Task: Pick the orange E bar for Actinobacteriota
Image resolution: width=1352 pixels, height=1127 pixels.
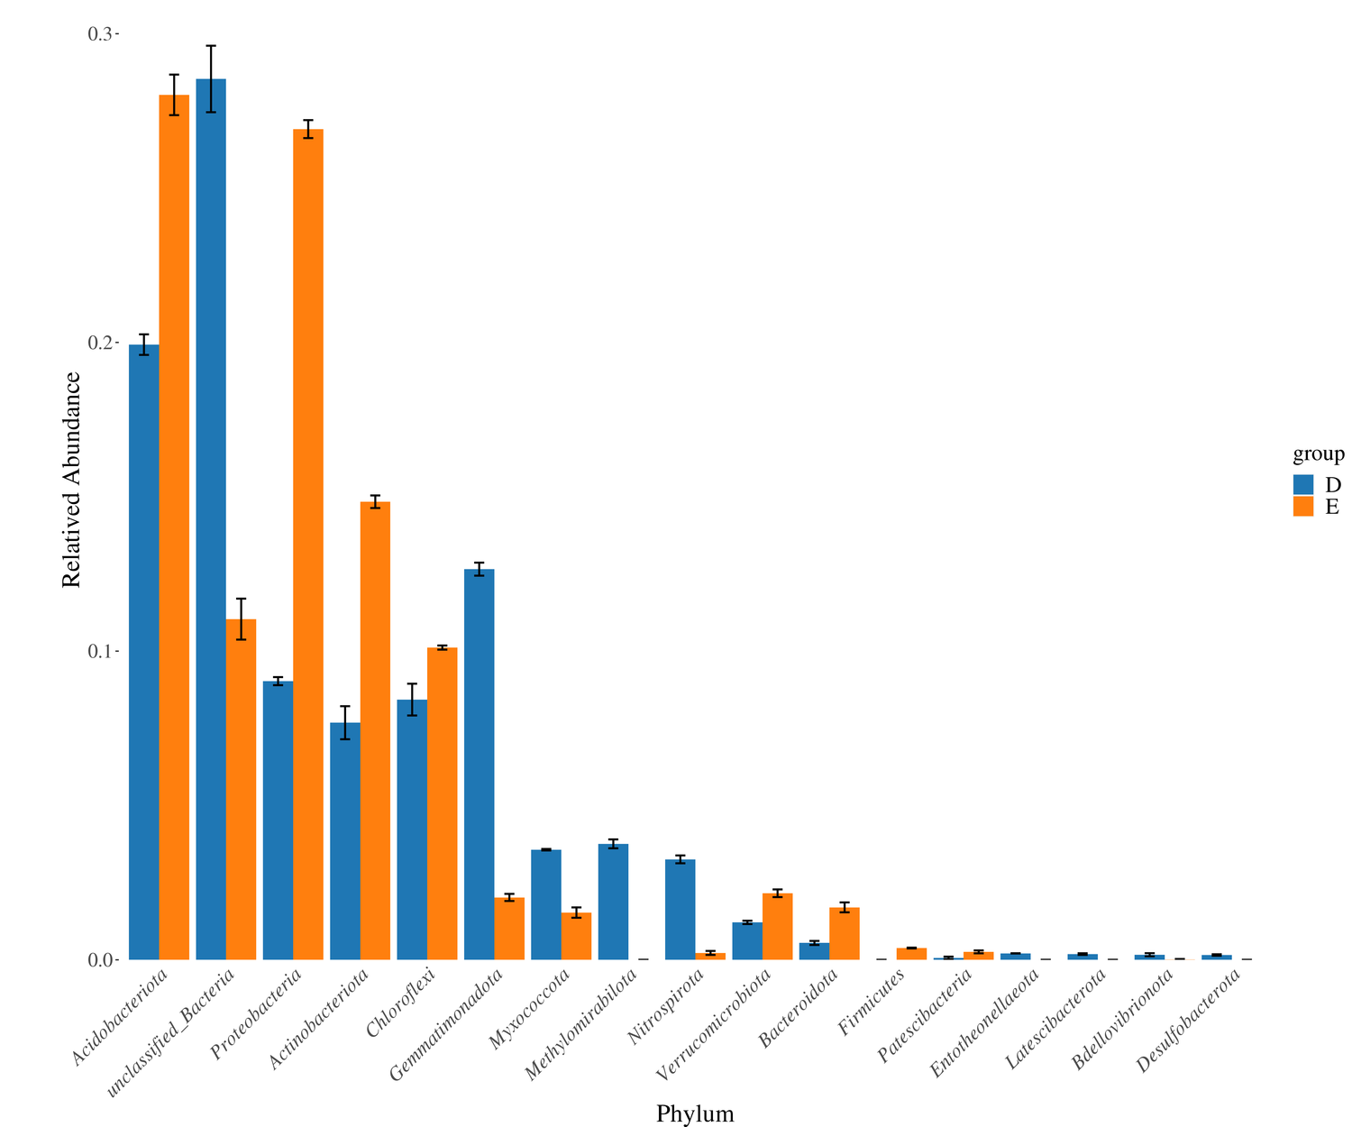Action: coord(375,730)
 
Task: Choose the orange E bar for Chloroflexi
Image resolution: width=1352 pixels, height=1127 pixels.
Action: coord(442,803)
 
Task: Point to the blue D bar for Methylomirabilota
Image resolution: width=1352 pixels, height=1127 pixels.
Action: coord(613,902)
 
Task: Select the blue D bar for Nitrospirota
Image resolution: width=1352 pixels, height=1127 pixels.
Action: coord(680,910)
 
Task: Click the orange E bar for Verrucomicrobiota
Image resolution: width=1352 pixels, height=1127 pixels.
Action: coord(777,927)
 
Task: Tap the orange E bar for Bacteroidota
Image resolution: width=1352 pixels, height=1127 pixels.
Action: coord(845,934)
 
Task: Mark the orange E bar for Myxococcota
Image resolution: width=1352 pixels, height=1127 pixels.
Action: coord(576,937)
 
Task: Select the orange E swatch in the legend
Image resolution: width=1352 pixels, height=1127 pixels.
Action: coord(1303,506)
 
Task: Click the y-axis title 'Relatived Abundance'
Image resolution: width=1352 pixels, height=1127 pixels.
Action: coord(72,481)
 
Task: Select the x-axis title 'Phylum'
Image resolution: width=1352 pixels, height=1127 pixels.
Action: coord(695,1113)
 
